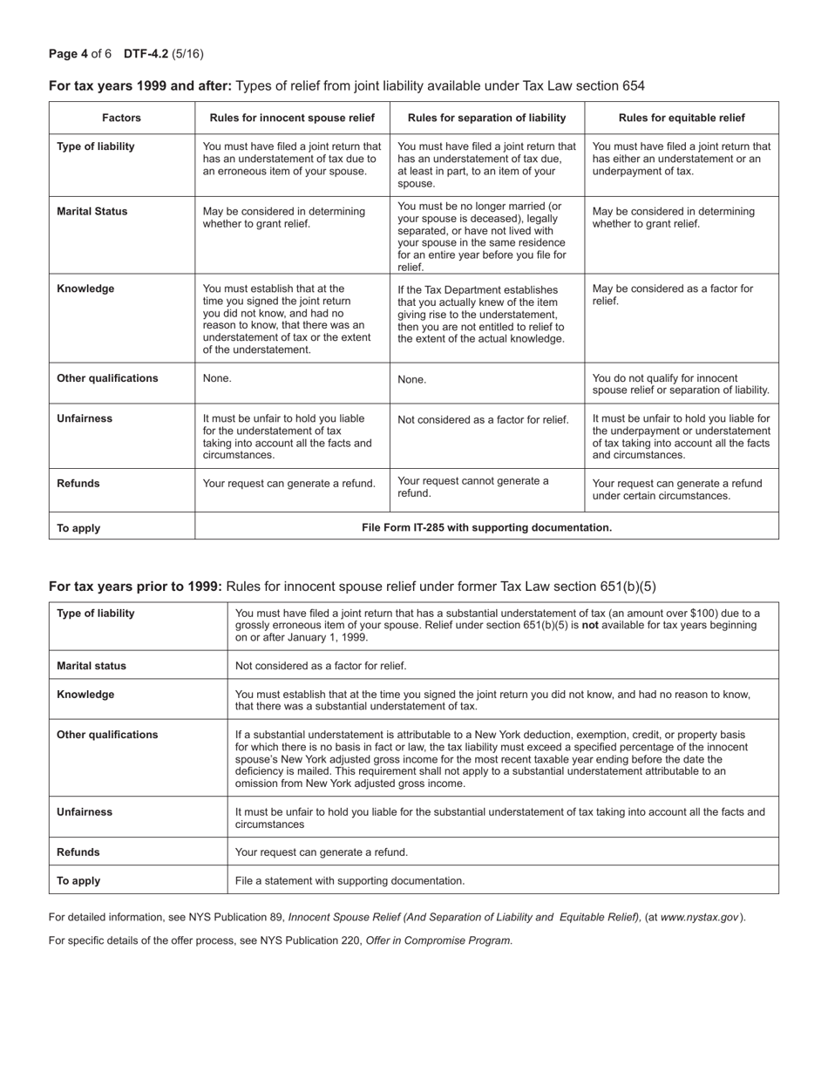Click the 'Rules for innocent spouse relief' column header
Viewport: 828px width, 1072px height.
[292, 118]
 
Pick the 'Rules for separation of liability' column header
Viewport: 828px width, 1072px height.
[486, 118]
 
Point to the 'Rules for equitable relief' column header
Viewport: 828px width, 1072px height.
[682, 118]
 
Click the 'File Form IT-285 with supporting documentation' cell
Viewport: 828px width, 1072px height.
[486, 527]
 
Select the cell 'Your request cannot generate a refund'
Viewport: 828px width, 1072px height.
[473, 486]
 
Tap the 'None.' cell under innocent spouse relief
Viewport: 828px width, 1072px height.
[217, 379]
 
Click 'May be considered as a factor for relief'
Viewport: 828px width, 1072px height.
[673, 295]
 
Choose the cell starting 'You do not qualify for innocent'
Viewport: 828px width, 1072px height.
[681, 383]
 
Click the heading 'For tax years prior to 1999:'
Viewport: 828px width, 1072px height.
[135, 587]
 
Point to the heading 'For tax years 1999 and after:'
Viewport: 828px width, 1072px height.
[139, 85]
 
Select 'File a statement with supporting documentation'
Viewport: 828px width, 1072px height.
[350, 880]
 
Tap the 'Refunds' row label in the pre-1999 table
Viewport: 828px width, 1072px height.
[78, 851]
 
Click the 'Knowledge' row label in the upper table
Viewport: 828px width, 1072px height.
[85, 288]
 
